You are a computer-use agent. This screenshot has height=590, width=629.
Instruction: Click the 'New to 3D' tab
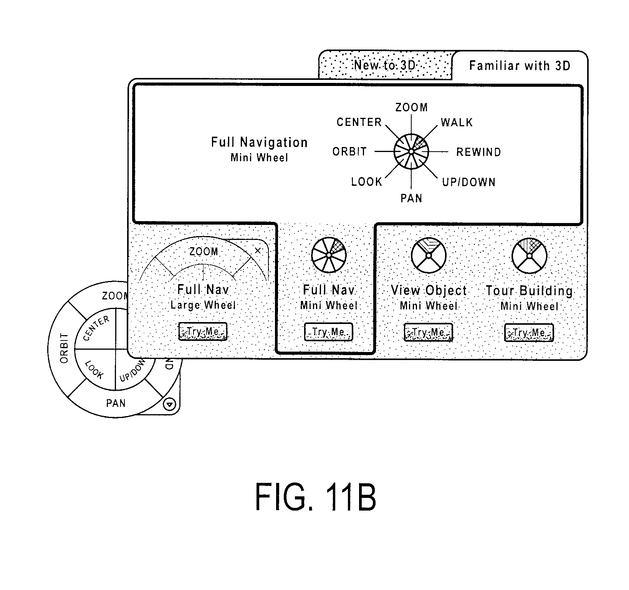click(385, 65)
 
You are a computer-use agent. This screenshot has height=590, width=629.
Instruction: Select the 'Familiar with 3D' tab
click(520, 66)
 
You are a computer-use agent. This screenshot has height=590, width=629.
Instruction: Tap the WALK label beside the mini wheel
click(457, 122)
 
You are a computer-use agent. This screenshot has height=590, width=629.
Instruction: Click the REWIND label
click(478, 152)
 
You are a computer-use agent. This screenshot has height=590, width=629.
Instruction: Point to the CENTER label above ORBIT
click(359, 122)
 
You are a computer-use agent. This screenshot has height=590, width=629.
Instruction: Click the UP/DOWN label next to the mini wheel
click(469, 182)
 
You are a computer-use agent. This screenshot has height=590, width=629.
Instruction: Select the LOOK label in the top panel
click(367, 182)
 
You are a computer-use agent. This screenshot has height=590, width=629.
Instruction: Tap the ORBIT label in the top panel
click(349, 152)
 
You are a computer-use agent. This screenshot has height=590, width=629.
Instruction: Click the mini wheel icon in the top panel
click(411, 152)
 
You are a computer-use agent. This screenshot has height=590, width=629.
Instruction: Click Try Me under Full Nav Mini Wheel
click(328, 332)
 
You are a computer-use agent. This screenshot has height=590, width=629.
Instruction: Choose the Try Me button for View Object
click(429, 332)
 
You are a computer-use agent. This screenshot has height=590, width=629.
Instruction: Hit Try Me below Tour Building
click(529, 332)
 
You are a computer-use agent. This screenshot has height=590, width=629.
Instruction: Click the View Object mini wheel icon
click(429, 255)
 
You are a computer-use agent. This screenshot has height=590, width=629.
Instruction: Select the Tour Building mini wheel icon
click(529, 255)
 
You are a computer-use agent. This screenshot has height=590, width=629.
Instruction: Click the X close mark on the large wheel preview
click(258, 251)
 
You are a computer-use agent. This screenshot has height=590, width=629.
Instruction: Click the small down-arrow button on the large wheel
click(170, 404)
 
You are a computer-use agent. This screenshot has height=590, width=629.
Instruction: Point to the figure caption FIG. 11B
click(315, 497)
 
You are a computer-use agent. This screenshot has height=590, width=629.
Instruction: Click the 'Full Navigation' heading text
click(259, 142)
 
